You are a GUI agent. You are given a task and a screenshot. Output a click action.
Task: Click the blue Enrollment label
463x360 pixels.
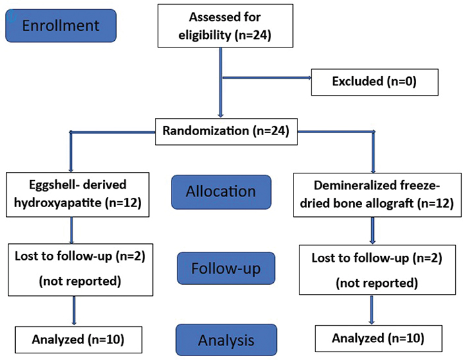(x=61, y=26)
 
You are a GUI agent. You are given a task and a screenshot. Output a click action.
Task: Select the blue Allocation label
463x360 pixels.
(x=220, y=192)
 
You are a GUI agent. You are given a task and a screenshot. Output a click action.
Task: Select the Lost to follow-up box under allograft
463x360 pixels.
(x=373, y=269)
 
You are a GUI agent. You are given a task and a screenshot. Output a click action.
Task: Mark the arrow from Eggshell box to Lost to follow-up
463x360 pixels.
(x=71, y=231)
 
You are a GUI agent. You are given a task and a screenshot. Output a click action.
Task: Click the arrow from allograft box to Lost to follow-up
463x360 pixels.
(x=373, y=231)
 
